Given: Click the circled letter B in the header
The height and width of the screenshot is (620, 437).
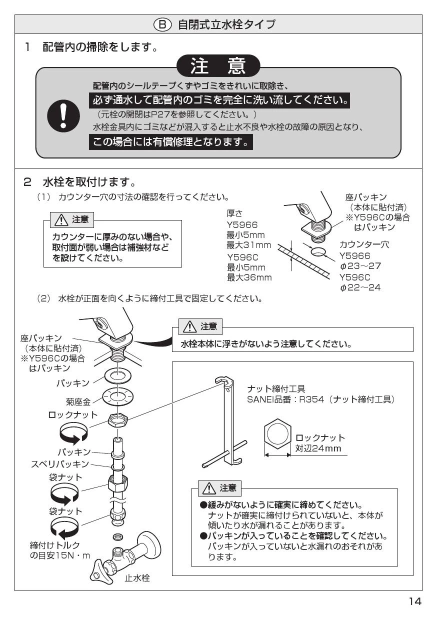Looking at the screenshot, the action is [x=162, y=24].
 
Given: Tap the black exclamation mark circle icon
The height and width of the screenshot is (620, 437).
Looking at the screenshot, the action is [x=63, y=115].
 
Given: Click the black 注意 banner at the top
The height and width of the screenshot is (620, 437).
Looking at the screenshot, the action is [x=218, y=66].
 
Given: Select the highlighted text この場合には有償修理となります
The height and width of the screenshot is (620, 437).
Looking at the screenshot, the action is [x=171, y=142].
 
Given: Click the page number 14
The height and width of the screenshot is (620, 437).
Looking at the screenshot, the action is [x=415, y=601].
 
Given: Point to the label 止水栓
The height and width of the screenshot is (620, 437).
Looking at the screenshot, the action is [x=137, y=578].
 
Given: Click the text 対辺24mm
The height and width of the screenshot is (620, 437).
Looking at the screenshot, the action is [x=318, y=448].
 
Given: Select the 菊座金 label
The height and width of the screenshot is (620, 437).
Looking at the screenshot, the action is [x=78, y=402].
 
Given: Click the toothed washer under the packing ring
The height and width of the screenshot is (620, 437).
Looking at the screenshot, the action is [x=118, y=397].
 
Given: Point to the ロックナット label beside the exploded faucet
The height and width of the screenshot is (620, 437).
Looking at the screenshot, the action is [x=73, y=414].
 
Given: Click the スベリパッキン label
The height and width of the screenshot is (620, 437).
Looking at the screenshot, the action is [x=60, y=464].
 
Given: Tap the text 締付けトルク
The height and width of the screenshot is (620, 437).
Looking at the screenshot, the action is [x=55, y=545].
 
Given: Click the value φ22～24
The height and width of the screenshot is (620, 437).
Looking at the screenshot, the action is [x=360, y=287].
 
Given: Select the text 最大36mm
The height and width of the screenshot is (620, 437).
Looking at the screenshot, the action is [x=249, y=277].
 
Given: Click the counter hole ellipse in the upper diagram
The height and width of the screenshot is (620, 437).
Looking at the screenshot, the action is [x=318, y=252].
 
